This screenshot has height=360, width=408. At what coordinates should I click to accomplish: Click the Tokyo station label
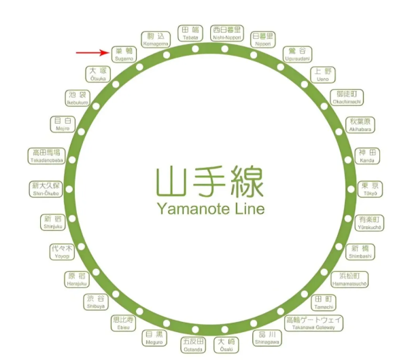click(x=369, y=188)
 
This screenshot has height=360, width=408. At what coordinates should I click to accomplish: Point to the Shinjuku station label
click(x=52, y=222)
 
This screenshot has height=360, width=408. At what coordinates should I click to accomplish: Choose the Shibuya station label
click(x=96, y=302)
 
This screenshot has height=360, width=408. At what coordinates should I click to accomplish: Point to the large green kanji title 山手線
click(x=209, y=181)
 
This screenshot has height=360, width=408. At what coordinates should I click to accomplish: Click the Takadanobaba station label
click(x=46, y=156)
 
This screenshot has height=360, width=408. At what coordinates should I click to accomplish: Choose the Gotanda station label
click(x=193, y=344)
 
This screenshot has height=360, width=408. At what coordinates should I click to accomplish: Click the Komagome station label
click(x=156, y=39)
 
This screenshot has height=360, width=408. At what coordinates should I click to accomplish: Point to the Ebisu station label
click(x=124, y=323)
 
